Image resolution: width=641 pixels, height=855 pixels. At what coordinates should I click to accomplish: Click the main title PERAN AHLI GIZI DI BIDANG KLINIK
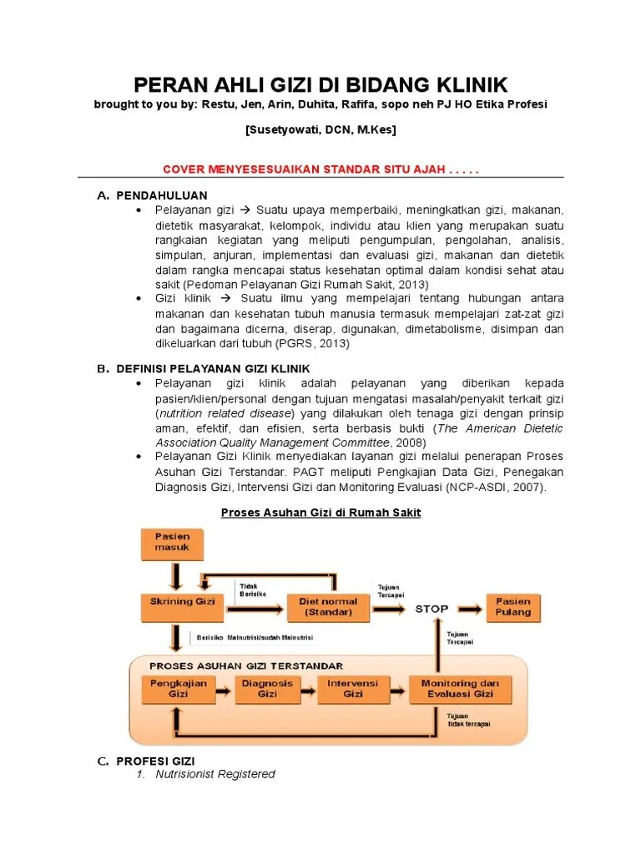320,84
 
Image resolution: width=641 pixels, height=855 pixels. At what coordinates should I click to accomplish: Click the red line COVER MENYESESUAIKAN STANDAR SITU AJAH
320,169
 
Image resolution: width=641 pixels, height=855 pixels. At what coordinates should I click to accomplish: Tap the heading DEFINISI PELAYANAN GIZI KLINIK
213,368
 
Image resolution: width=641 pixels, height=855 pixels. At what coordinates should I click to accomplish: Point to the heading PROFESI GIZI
155,761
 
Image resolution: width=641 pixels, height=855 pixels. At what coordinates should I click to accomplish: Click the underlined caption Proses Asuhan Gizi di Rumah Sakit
320,513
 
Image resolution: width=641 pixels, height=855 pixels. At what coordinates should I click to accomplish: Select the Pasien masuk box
172,542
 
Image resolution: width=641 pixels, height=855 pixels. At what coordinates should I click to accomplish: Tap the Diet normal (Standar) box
328,606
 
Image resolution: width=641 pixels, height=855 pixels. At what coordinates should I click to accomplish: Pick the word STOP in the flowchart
432,609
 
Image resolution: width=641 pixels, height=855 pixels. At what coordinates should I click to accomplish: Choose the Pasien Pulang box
512,606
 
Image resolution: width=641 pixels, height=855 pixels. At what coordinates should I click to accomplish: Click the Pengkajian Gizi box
179,688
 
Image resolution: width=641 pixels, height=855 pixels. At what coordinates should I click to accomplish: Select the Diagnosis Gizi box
267,688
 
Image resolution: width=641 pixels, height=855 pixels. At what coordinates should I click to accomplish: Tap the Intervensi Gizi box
352,688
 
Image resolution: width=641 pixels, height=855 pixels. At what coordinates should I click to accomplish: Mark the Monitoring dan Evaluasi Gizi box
460,688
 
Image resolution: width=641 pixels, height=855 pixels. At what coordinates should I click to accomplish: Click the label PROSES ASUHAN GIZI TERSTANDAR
245,665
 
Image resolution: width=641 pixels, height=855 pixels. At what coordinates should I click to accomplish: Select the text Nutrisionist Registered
215,774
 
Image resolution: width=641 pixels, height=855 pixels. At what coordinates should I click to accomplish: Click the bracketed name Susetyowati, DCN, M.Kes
320,130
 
